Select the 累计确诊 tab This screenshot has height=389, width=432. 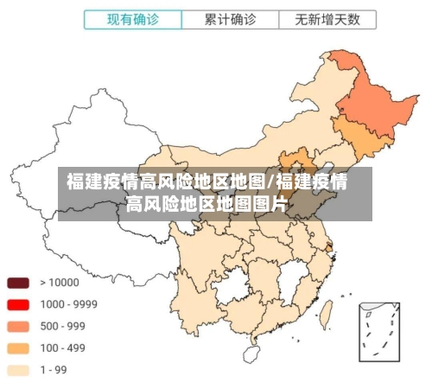(230, 19)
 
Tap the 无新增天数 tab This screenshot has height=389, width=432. (327, 19)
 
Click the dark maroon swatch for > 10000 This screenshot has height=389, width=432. (19, 283)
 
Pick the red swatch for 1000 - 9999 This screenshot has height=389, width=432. (19, 304)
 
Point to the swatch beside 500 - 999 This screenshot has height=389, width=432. (19, 327)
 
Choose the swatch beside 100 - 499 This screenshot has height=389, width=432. (19, 348)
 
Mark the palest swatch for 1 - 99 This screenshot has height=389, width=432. (19, 370)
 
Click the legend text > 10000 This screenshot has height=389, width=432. (59, 283)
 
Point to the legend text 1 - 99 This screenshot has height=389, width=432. (55, 370)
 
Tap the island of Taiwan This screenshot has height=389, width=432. (327, 313)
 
